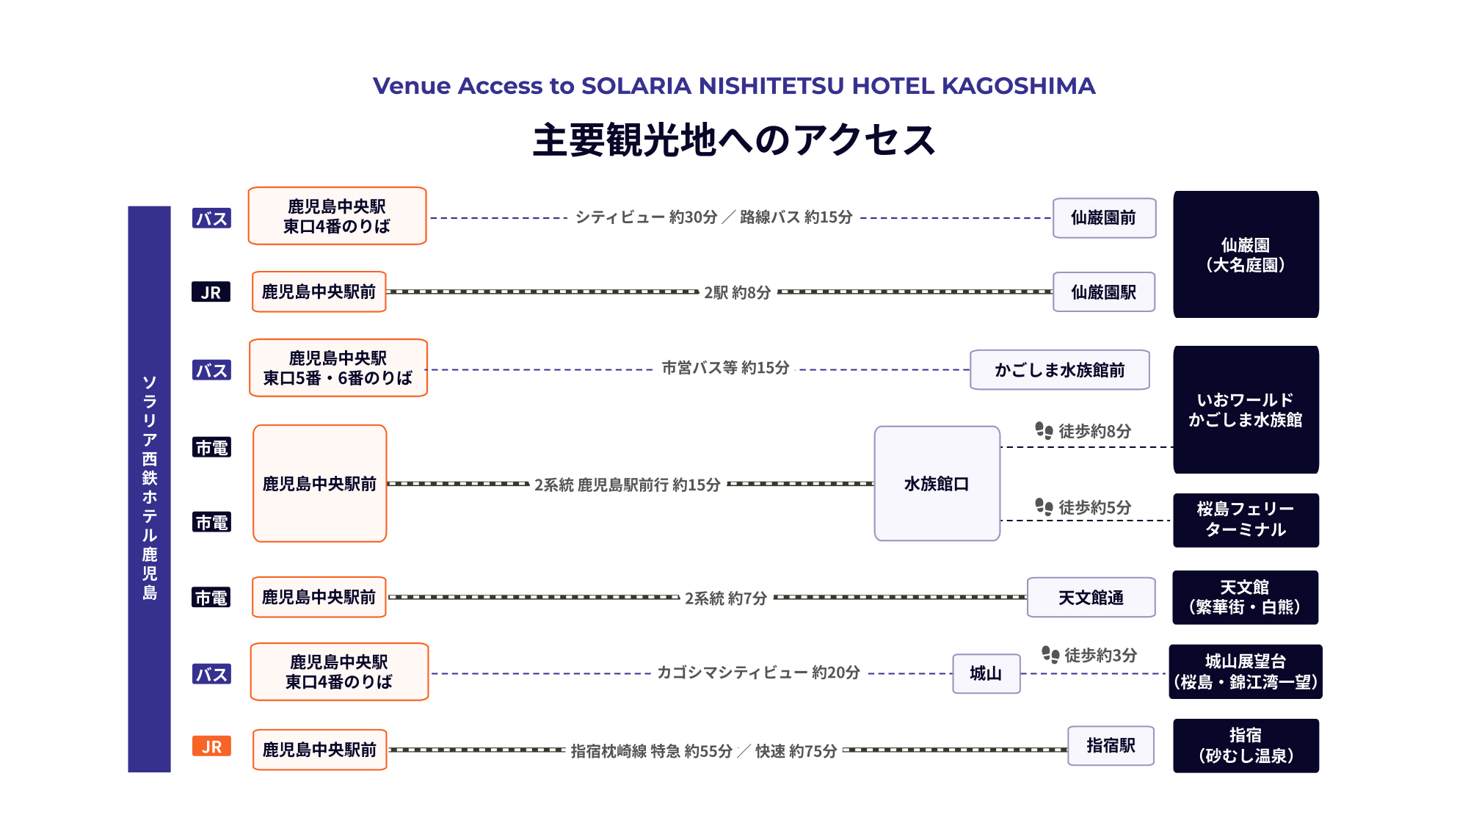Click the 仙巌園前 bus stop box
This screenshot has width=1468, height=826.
(x=1104, y=218)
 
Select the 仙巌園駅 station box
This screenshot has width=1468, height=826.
(x=1104, y=292)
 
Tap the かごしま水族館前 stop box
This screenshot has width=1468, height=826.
(x=1060, y=370)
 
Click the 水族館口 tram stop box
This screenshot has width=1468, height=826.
(x=937, y=484)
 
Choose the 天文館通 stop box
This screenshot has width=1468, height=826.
(x=1091, y=598)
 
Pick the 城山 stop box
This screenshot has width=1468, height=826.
(x=986, y=674)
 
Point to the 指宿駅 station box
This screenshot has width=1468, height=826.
(x=1111, y=746)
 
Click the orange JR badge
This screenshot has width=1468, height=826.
(x=211, y=747)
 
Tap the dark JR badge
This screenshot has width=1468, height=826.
(x=211, y=292)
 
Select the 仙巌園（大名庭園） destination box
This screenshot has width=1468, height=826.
(x=1246, y=255)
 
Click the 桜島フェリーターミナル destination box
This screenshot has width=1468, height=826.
(x=1246, y=520)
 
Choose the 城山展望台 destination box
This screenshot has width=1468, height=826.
(x=1246, y=672)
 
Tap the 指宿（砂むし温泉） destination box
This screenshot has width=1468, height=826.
(x=1246, y=746)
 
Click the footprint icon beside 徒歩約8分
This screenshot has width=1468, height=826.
(x=1044, y=430)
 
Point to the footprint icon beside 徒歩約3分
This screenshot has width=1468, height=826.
(x=1050, y=654)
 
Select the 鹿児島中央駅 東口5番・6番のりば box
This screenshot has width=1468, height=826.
(x=338, y=368)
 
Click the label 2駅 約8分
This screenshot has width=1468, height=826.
(x=738, y=292)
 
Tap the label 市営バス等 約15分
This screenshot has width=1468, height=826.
(x=725, y=368)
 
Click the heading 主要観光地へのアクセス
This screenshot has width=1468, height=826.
(x=734, y=140)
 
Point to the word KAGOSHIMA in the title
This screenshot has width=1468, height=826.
(x=1019, y=86)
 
